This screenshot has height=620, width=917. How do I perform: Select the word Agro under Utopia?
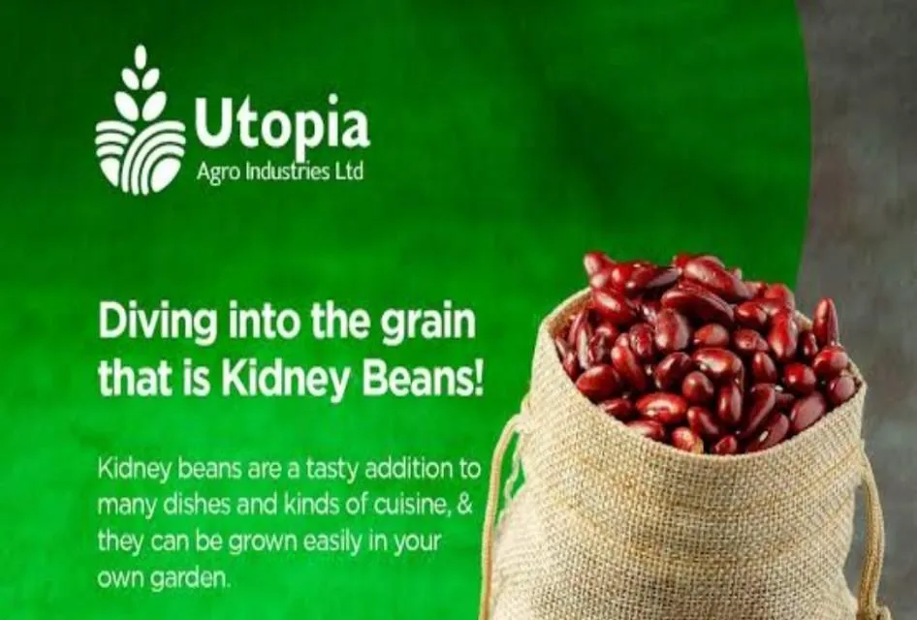[217, 172]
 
